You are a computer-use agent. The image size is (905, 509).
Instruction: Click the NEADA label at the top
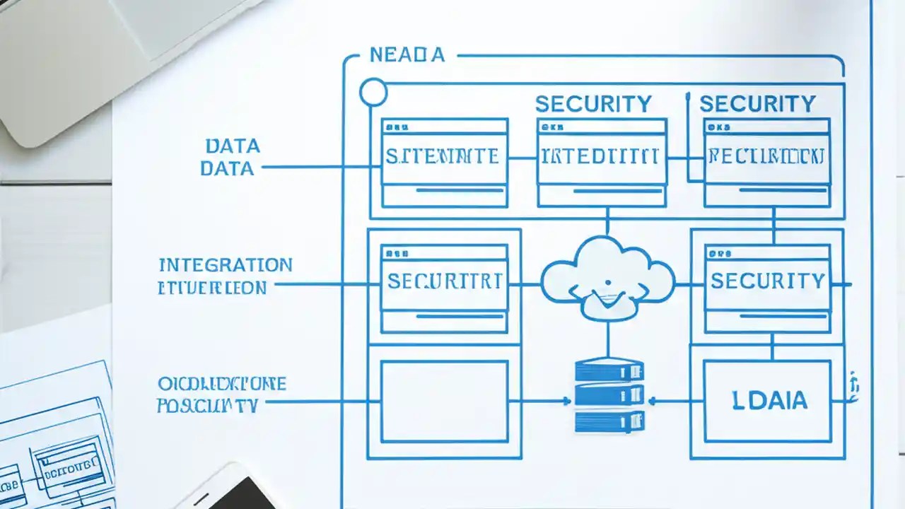point(407,55)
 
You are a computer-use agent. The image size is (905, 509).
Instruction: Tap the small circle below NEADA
point(373,93)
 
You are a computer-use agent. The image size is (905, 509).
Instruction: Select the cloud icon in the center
point(607,278)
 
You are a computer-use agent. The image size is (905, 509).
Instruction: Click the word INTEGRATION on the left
point(226,265)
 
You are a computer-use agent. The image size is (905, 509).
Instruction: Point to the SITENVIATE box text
point(443,156)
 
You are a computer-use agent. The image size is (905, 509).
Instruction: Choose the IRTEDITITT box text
point(600,156)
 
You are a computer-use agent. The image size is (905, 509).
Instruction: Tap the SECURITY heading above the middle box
point(592,104)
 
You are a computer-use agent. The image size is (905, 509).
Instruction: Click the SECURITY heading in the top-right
point(757,104)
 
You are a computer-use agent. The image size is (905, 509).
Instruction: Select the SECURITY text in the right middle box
point(767,281)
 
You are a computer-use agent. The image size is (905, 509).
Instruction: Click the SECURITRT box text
point(445,281)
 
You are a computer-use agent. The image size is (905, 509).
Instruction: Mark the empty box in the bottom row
point(444,401)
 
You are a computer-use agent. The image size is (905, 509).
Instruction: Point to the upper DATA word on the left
point(233,146)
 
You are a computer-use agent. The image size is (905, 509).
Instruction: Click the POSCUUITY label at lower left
point(207,406)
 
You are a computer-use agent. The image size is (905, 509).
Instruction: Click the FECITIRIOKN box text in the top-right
point(766,156)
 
